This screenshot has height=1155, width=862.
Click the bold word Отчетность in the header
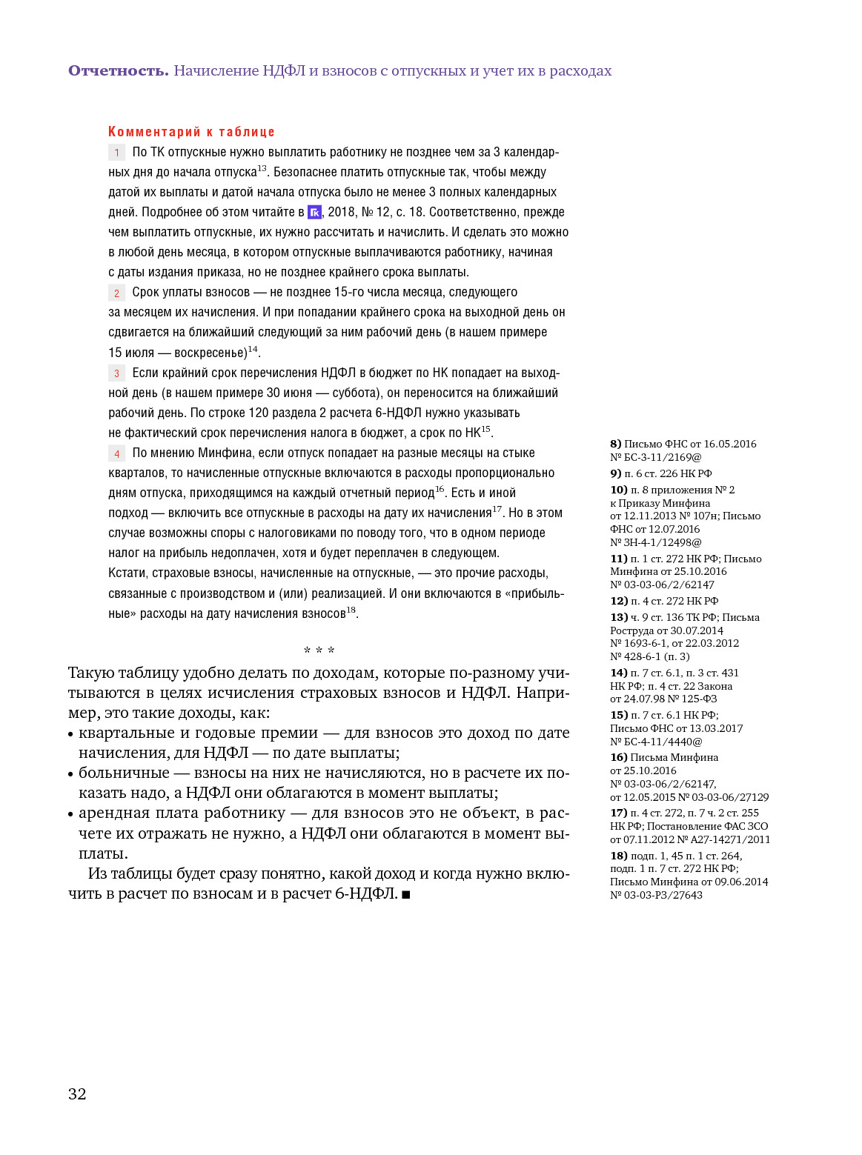pos(118,71)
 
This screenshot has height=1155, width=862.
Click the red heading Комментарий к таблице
pos(191,132)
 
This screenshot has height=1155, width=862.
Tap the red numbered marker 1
pos(116,153)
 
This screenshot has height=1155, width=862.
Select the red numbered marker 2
pos(116,293)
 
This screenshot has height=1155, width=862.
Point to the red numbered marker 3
pos(116,373)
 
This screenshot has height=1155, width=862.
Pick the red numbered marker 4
pos(116,453)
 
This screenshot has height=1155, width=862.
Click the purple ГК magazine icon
pos(314,213)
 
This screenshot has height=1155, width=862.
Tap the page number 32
pos(77,1094)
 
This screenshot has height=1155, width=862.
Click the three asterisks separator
pos(319,650)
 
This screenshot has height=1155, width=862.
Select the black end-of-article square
pos(405,895)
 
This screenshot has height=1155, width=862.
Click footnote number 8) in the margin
pos(615,445)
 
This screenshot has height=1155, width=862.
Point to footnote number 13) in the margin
pos(618,618)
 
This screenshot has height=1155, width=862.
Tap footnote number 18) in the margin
pos(618,856)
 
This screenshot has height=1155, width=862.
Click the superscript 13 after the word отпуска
pos(262,169)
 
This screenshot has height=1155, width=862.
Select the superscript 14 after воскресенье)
pos(253,349)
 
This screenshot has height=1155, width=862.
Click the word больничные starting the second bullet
pos(124,773)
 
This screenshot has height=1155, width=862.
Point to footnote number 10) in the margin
pos(618,490)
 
